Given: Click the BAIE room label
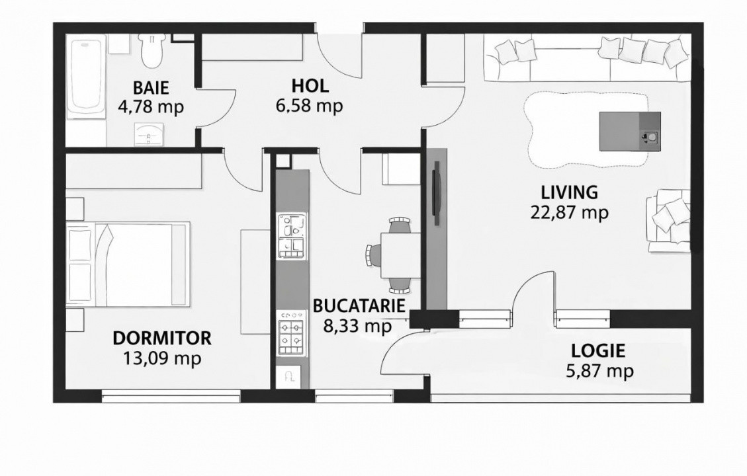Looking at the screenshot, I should (150, 87).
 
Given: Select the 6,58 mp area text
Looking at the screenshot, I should (310, 106).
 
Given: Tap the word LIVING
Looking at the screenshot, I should (569, 192).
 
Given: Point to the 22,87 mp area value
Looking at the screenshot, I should (569, 212).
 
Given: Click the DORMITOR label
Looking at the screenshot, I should (162, 338).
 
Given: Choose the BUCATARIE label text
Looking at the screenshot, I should (358, 306).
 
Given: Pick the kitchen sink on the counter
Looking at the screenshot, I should (292, 235).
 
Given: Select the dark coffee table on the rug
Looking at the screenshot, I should (629, 131).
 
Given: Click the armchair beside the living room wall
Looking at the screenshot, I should (670, 220).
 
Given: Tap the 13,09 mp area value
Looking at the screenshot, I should (162, 358).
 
